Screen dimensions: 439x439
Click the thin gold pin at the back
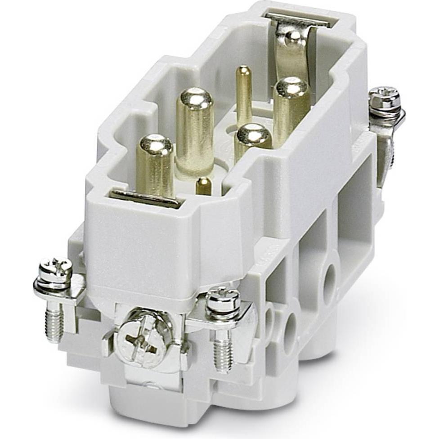(244, 90)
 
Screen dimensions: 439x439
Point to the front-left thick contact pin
(155, 162)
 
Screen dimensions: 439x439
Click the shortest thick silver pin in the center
(253, 139)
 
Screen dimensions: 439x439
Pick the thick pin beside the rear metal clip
(291, 108)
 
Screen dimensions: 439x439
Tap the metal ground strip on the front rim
(145, 198)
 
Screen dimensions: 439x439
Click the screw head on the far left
(55, 270)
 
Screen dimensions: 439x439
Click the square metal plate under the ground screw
(148, 355)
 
